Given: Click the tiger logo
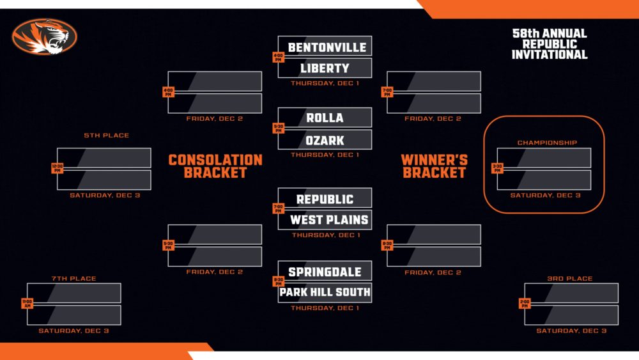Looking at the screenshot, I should pos(43,36).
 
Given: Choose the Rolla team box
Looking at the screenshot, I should pos(325,118).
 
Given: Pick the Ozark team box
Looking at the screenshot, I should pos(325,139).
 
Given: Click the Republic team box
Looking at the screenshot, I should pos(325,198).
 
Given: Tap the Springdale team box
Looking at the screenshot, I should pos(325,272).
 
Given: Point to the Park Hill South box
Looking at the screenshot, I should pos(325,293).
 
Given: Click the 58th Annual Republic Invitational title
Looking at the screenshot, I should pos(550,44).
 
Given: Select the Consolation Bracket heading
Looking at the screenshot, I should pos(215,166).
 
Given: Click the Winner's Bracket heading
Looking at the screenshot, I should pos(434,166).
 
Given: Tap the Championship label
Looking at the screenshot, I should pos(547,143).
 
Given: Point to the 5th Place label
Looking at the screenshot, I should pos(106,136).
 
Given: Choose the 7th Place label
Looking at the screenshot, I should pos(73,279).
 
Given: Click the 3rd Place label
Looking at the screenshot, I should pos(570,279).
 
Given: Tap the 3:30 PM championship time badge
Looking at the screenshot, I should pos(497,169).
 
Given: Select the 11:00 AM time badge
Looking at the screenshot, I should pos(27,303).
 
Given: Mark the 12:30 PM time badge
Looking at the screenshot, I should pos(58,169).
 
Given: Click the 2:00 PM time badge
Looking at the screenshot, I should pos(525,303).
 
